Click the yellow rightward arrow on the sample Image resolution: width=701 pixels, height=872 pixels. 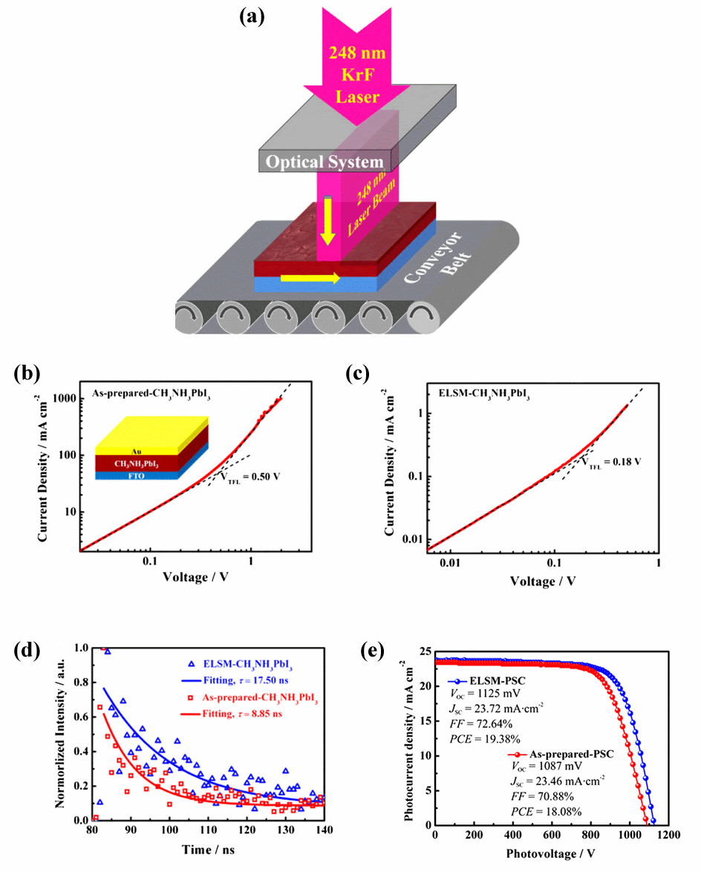pos(310,279)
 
